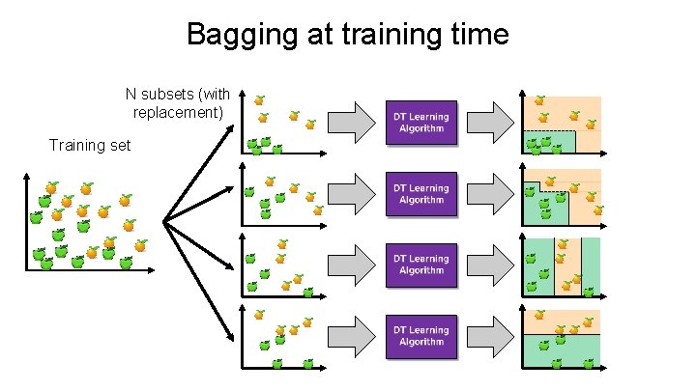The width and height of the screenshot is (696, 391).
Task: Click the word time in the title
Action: pyautogui.click(x=473, y=35)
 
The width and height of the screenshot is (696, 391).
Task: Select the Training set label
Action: pyautogui.click(x=89, y=145)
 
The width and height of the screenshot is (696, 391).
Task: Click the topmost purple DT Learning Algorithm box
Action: pyautogui.click(x=420, y=123)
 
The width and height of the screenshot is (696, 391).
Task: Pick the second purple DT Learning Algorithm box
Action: pyautogui.click(x=420, y=193)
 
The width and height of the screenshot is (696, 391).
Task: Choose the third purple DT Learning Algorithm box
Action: pyautogui.click(x=420, y=264)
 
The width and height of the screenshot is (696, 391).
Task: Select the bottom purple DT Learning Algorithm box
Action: pyautogui.click(x=420, y=335)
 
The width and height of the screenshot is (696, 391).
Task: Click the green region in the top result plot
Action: pyautogui.click(x=549, y=143)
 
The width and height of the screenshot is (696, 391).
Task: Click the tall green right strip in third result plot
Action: pyautogui.click(x=591, y=265)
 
